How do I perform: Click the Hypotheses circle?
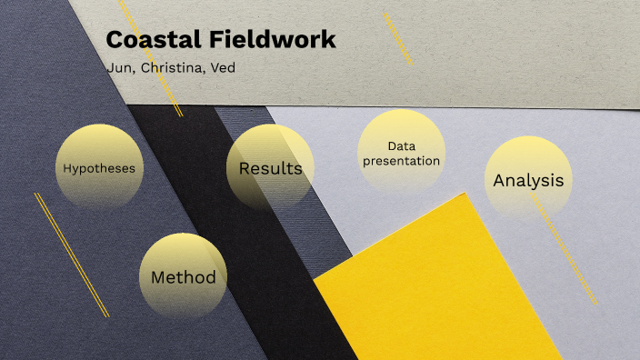[x=99, y=167]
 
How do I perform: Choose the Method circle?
[x=183, y=276]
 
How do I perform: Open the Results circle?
[x=270, y=168]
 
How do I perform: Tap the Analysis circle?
[x=527, y=180]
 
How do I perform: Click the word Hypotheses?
[x=99, y=168]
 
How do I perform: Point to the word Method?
[x=183, y=277]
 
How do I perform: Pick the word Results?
[x=270, y=168]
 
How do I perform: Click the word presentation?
[x=401, y=161]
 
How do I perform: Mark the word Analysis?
[x=527, y=180]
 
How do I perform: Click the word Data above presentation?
[x=401, y=145]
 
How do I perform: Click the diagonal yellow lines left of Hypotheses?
[x=71, y=255]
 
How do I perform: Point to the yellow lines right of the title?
[x=397, y=38]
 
